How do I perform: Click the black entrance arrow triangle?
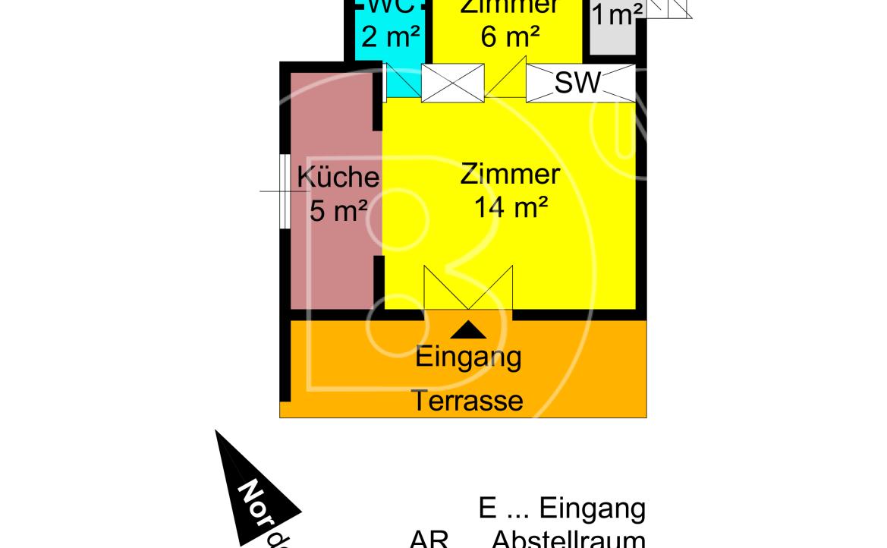click(x=469, y=329)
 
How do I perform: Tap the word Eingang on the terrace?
click(x=469, y=356)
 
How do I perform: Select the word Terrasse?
click(x=468, y=400)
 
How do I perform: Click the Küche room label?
click(x=338, y=178)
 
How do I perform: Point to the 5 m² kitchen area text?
click(x=338, y=210)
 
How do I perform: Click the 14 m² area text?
click(x=511, y=206)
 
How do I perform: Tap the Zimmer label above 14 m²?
click(x=510, y=175)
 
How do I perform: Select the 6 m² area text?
click(x=510, y=35)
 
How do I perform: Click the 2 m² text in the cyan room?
click(x=388, y=35)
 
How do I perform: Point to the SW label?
click(x=577, y=83)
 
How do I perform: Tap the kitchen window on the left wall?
click(x=283, y=191)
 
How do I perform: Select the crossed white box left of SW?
click(x=452, y=83)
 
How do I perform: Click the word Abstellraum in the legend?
click(x=568, y=540)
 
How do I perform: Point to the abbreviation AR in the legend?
click(x=429, y=540)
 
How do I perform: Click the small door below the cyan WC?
click(x=402, y=81)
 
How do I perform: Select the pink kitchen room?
click(x=334, y=250)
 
